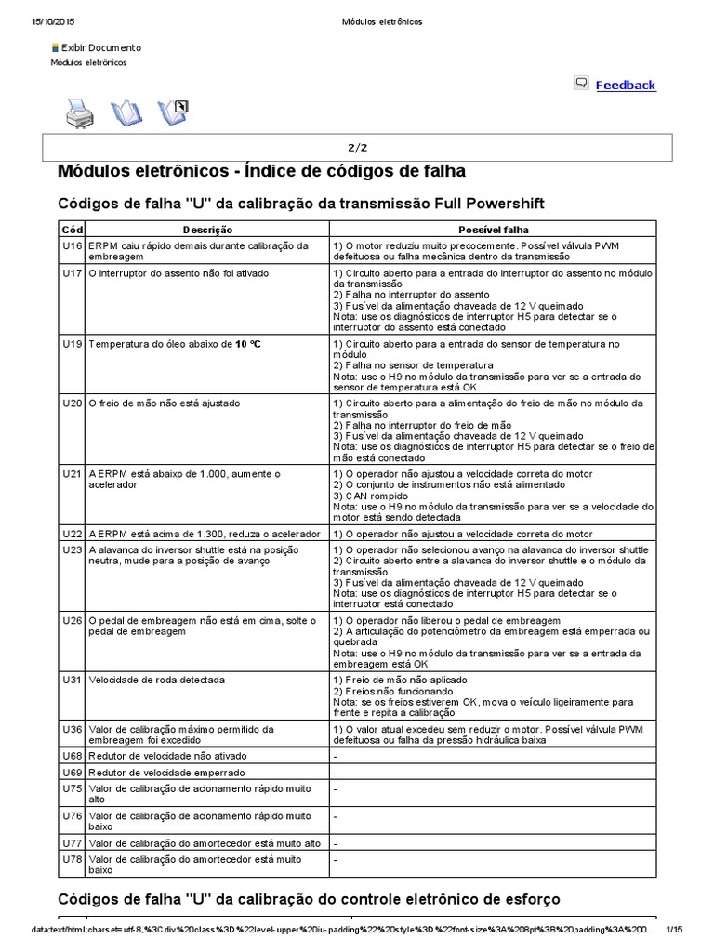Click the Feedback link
pos(625,85)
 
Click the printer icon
pos(78,113)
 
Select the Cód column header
pos(72,229)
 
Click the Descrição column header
pos(207,229)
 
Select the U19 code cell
pos(72,344)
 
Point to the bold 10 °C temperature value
pos(247,344)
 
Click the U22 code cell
pos(72,535)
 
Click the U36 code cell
pos(72,729)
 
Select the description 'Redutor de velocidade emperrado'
pos(166,773)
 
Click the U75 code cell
pos(72,787)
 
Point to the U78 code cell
pos(72,860)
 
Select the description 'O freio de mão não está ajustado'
pos(164,403)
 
